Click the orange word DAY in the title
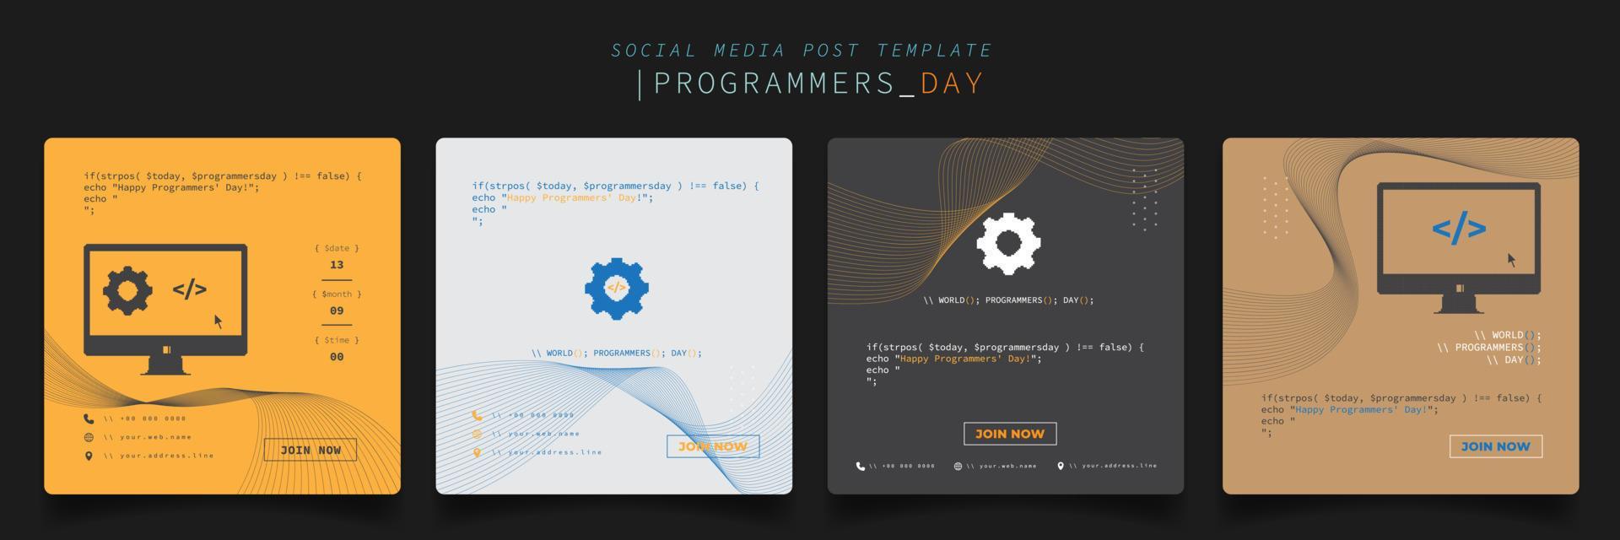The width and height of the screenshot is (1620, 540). [x=952, y=84]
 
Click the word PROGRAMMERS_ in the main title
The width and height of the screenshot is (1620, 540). [x=785, y=84]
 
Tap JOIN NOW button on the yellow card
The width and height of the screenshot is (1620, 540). [x=310, y=450]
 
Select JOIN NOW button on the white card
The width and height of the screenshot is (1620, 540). [x=713, y=446]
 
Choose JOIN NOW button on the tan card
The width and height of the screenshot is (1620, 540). [x=1495, y=446]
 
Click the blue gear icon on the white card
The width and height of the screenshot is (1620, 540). [x=617, y=288]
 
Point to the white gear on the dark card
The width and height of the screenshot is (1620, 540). [x=1008, y=244]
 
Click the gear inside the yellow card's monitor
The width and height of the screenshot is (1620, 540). [x=127, y=290]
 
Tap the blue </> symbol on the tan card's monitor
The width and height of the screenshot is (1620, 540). [x=1459, y=229]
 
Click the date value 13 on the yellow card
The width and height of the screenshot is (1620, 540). [x=337, y=265]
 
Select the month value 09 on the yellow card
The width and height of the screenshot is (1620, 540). [x=337, y=310]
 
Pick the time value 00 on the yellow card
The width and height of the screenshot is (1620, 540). [x=337, y=357]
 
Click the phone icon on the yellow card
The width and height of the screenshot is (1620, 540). [x=89, y=418]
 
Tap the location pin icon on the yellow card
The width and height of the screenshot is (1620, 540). [x=89, y=456]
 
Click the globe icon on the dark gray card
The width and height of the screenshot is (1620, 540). [x=958, y=466]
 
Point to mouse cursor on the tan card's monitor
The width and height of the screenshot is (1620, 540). [x=1511, y=260]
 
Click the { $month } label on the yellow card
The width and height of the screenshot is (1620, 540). [x=337, y=294]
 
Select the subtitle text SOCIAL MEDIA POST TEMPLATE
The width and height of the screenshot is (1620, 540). [x=802, y=51]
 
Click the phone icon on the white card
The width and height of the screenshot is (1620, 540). [x=477, y=415]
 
